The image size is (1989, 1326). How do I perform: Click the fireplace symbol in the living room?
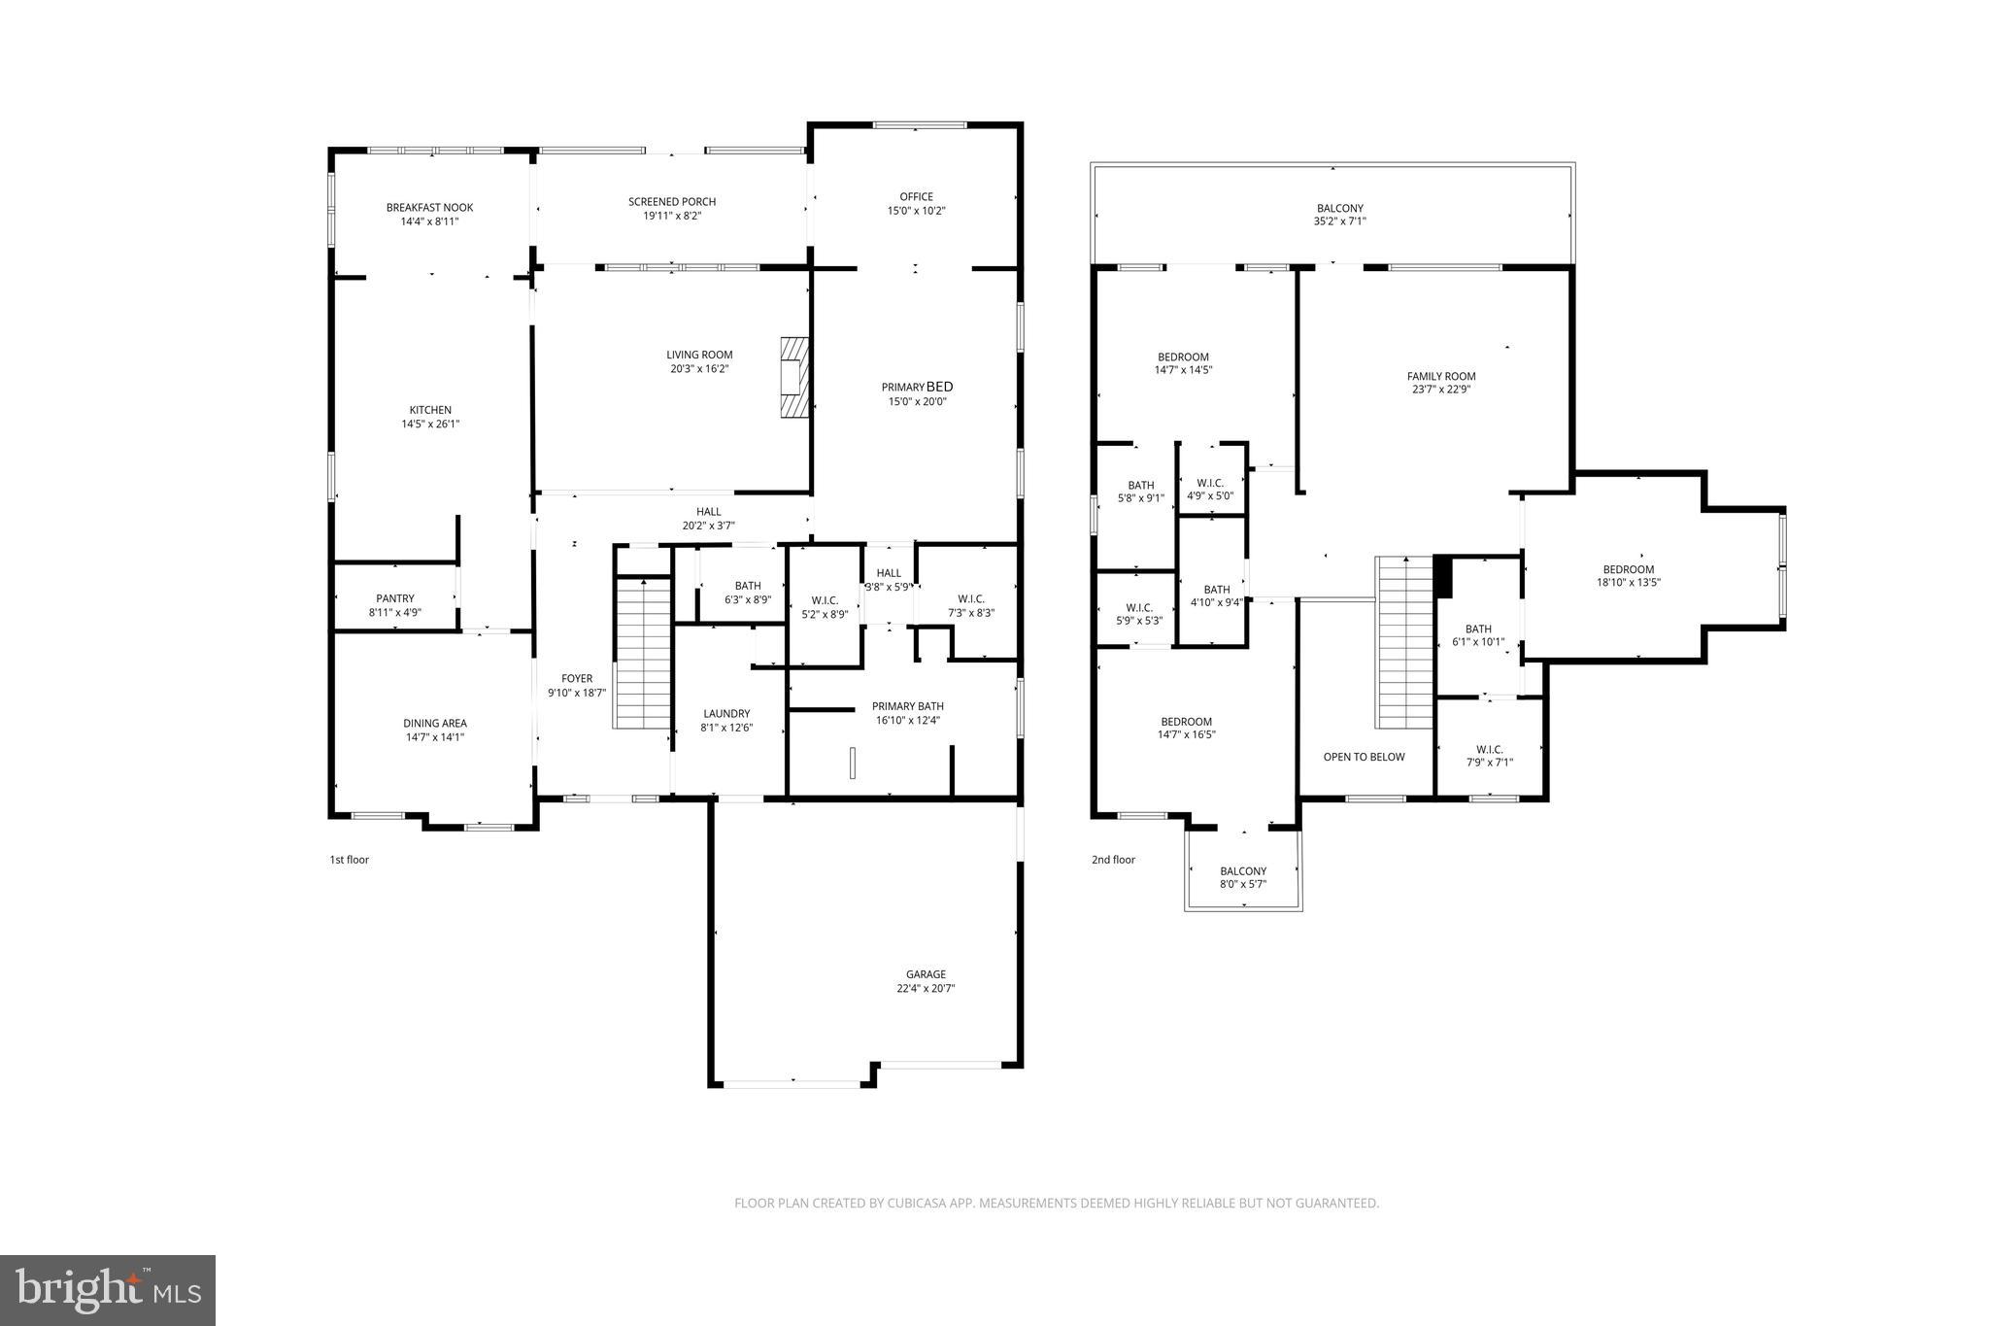tap(794, 377)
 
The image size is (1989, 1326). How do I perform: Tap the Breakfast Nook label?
tap(429, 207)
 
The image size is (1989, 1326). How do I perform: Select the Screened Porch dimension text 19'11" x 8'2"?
tap(672, 216)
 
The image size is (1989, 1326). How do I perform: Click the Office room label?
tap(916, 197)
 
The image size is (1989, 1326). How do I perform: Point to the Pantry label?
tap(395, 598)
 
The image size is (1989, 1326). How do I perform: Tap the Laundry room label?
tap(726, 713)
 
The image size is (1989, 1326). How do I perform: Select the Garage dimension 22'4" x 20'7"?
tap(926, 988)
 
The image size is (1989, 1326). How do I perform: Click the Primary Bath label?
tap(907, 706)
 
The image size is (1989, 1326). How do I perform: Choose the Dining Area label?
tap(435, 723)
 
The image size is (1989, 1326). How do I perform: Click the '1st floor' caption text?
tap(350, 860)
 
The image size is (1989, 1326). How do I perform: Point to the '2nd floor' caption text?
tap(1113, 860)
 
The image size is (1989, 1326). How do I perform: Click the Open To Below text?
tap(1364, 757)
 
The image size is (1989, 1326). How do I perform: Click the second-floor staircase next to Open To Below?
tap(1404, 643)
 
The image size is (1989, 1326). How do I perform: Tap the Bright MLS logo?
tap(108, 1290)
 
